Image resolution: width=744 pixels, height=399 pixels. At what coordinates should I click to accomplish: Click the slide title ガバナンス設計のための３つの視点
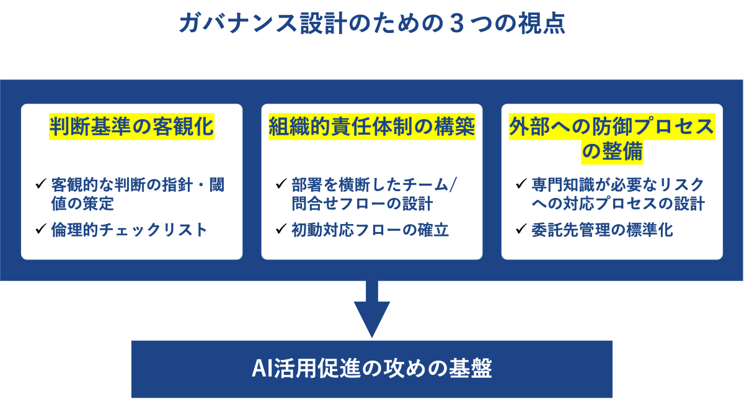pos(371,24)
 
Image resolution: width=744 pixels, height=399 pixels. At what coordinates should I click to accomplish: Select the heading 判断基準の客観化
pos(131,127)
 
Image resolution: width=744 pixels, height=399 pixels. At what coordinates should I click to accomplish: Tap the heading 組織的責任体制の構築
pos(371,127)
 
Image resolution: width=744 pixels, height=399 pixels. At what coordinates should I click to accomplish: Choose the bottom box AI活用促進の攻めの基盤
pos(371,369)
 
